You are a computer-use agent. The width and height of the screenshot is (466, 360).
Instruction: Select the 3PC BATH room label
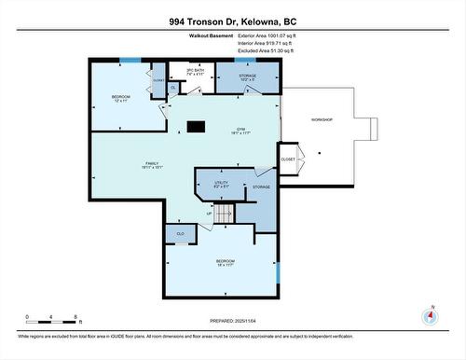coord(195,72)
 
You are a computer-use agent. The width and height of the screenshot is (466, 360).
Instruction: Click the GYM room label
coord(240,132)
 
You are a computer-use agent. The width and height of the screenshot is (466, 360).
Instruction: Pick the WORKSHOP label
coord(321,120)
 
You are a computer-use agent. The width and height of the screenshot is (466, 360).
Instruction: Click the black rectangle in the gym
coord(196,127)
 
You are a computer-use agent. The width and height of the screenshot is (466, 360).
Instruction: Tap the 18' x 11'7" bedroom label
coord(226,263)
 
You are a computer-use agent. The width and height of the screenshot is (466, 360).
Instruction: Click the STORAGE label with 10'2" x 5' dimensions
coord(247,79)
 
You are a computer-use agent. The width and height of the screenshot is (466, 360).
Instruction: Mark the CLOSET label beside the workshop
coord(289,159)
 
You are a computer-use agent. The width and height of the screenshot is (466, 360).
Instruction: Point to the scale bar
coord(54,323)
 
